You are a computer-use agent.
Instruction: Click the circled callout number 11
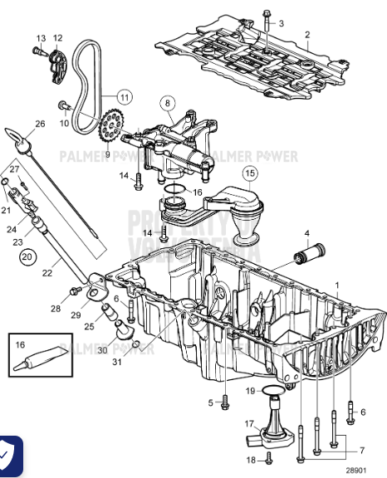[x=124, y=97]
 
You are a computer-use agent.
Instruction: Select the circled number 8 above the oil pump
[x=168, y=104]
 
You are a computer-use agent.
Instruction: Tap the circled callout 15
[x=250, y=173]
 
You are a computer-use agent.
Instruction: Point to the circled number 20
[x=28, y=257]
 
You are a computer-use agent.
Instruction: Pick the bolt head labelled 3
[x=265, y=15]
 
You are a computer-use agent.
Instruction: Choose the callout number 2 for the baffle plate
[x=306, y=35]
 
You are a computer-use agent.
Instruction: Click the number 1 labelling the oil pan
[x=337, y=285]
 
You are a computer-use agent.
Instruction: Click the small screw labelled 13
[x=37, y=52]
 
